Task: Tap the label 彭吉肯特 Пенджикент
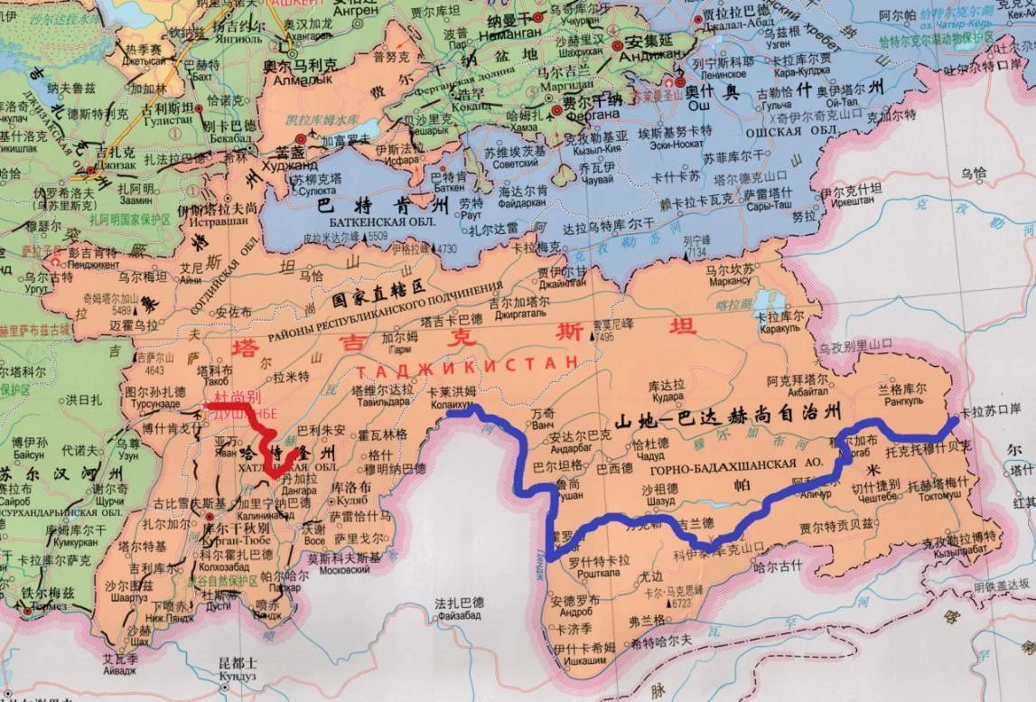[x=91, y=257]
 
